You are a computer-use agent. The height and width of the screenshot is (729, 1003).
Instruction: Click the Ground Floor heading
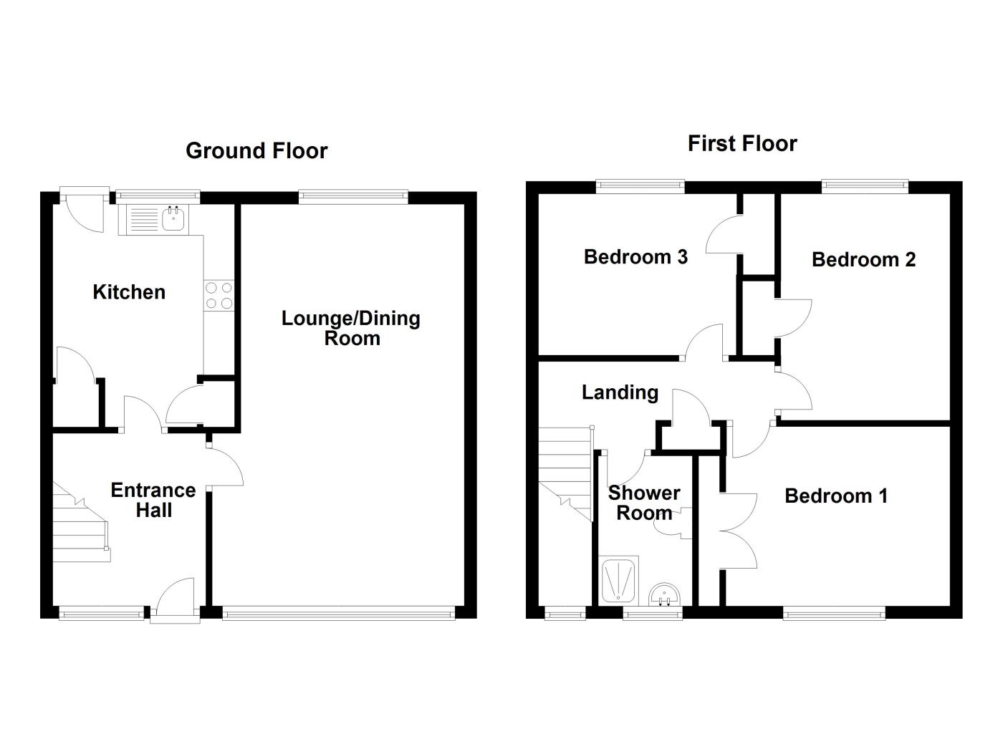[x=256, y=151]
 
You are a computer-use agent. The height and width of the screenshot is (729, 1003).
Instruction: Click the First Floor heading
[x=742, y=144]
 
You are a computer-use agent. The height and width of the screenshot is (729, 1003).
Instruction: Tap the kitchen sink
[x=173, y=218]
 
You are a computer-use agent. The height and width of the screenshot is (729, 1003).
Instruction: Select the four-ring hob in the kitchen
[x=219, y=295]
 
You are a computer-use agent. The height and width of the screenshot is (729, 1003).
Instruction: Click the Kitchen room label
[x=129, y=292]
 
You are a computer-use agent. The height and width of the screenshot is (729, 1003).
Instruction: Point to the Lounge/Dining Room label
[x=351, y=329]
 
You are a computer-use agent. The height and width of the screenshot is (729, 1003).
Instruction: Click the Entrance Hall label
[x=153, y=500]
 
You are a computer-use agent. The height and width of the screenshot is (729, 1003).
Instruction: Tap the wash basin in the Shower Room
[x=663, y=594]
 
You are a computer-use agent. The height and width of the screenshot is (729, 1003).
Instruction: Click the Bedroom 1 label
[x=836, y=496]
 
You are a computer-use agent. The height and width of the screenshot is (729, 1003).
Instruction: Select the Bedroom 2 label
[x=863, y=259]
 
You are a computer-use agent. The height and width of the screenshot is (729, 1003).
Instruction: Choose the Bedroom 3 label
[x=635, y=256]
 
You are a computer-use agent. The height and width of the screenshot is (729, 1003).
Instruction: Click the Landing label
[x=620, y=392]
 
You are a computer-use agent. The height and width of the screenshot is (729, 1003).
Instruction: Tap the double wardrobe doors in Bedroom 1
[x=738, y=530]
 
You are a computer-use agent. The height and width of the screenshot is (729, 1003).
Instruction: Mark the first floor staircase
[x=566, y=473]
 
